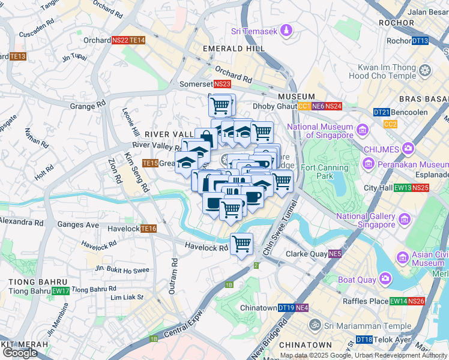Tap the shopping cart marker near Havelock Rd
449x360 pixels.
241,244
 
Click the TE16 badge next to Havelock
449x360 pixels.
148,229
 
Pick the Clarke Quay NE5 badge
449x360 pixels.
334,253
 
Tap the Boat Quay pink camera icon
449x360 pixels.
384,279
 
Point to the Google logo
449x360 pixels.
19,352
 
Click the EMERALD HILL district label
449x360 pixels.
234,48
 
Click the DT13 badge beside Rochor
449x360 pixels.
420,41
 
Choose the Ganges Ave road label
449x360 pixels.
78,224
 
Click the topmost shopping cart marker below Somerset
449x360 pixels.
220,105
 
